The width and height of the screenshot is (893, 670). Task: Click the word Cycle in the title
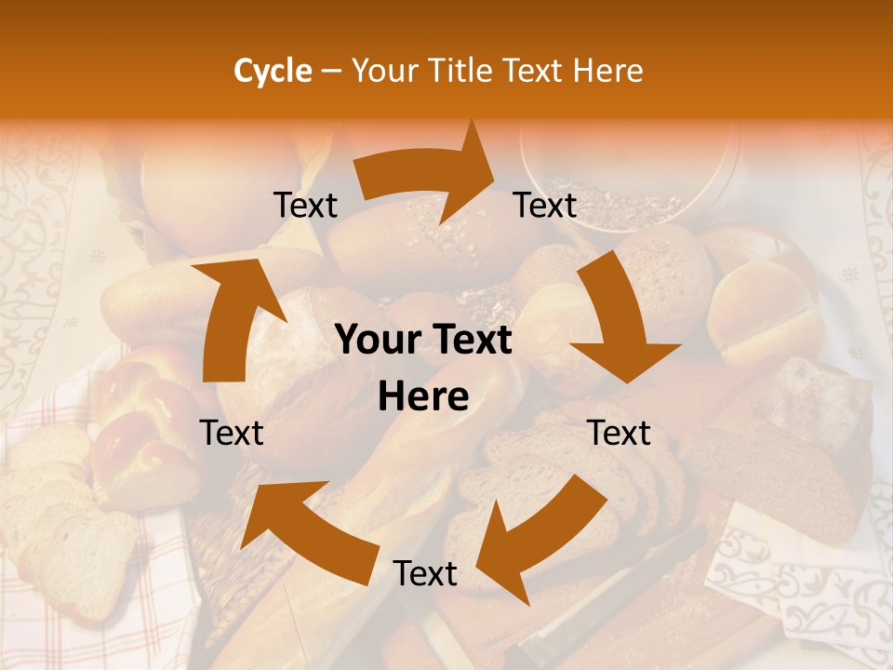coord(273,71)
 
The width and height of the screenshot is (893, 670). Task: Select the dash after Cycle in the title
coord(330,71)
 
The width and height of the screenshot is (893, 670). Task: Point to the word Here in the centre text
coord(423,397)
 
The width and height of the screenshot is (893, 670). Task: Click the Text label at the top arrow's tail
coord(305,206)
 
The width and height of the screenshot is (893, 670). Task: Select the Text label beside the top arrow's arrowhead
coord(545,206)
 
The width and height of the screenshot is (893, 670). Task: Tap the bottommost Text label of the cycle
coord(425,574)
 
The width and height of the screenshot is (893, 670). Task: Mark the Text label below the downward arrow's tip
coord(620,433)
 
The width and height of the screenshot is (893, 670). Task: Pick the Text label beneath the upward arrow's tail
coord(233,433)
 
